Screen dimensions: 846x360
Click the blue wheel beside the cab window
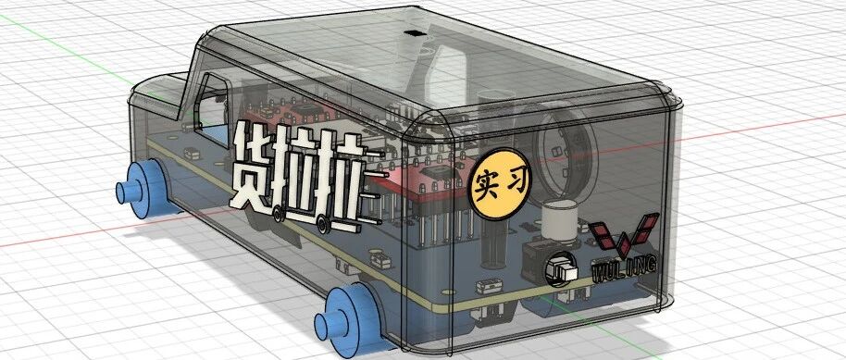pyautogui.click(x=145, y=189)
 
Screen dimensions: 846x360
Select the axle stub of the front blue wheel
pyautogui.click(x=128, y=192)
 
